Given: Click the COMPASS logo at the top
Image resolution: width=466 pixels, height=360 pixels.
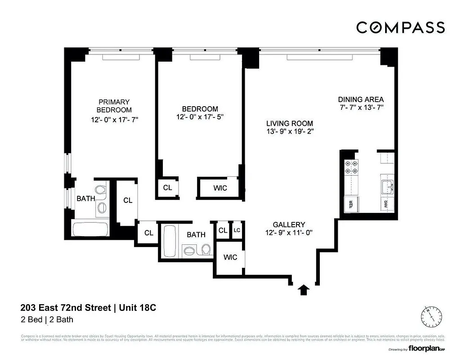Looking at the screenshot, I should click(400, 27).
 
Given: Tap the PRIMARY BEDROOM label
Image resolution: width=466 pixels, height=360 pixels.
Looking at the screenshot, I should click(114, 106).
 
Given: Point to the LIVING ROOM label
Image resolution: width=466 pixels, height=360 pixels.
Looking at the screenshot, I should click(289, 123).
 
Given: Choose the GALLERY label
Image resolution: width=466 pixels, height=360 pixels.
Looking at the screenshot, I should click(289, 225).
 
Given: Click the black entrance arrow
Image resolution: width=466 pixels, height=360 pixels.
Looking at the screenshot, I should click(305, 290).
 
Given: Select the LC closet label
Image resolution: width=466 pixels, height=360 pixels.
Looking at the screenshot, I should click(237, 230).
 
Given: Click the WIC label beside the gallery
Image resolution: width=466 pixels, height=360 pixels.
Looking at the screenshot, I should click(230, 257).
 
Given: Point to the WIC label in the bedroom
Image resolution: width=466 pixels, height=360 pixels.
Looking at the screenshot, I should click(220, 188).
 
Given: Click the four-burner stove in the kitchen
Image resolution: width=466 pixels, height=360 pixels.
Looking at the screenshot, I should click(351, 169).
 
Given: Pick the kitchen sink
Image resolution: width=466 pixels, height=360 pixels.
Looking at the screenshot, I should click(387, 186).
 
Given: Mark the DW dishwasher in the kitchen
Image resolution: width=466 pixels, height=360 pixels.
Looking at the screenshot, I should click(386, 204).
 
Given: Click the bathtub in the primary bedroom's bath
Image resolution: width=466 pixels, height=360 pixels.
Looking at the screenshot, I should click(90, 230).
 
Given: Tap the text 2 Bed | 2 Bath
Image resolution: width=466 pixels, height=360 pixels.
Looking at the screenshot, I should click(47, 320).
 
